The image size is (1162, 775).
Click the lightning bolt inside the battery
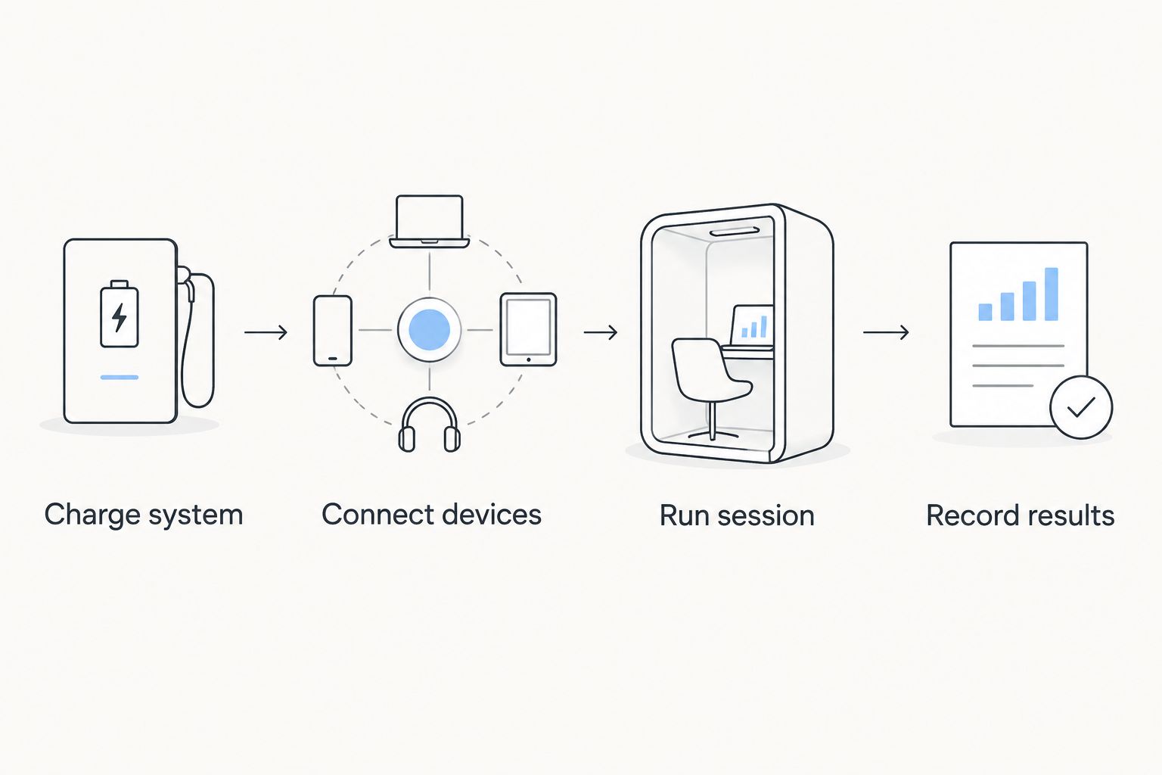point(120,317)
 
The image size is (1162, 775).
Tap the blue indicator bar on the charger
point(120,378)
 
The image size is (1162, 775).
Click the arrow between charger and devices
point(266,332)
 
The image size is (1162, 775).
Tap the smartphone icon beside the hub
point(333,331)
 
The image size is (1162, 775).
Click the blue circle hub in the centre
point(430,329)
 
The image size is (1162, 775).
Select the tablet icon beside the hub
point(528,330)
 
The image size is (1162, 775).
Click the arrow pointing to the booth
point(601,332)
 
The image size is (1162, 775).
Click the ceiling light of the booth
point(734,232)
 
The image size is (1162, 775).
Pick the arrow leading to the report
point(886,332)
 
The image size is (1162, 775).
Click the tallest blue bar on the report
point(1052,294)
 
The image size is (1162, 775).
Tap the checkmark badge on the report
point(1081,407)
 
